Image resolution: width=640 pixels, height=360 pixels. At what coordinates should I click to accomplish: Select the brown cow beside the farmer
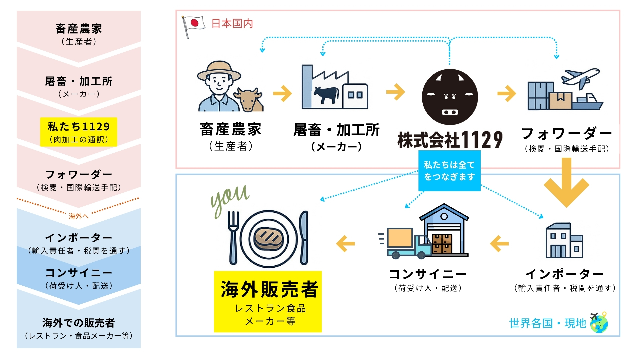pyautogui.click(x=249, y=99)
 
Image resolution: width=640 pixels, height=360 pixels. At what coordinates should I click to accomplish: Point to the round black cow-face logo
pyautogui.click(x=450, y=97)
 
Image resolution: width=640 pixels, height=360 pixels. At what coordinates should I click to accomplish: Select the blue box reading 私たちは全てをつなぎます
pyautogui.click(x=449, y=171)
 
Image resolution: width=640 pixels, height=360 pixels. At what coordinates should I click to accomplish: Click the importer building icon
pyautogui.click(x=564, y=241)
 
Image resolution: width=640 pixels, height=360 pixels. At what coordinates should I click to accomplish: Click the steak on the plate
pyautogui.click(x=268, y=239)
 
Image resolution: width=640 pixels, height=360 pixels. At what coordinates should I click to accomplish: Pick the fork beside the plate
pyautogui.click(x=233, y=237)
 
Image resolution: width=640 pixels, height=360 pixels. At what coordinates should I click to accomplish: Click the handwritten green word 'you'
pyautogui.click(x=230, y=198)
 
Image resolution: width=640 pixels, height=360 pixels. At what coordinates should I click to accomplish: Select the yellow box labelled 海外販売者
pyautogui.click(x=268, y=301)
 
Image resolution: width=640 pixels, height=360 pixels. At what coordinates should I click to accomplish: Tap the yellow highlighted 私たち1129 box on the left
pyautogui.click(x=79, y=132)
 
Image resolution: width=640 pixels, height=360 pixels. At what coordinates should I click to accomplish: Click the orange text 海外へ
pyautogui.click(x=79, y=216)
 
